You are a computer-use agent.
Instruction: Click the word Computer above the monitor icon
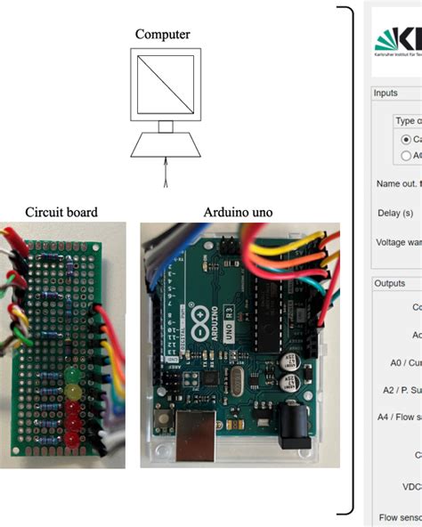(x=162, y=34)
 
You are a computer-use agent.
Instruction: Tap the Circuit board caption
(x=61, y=212)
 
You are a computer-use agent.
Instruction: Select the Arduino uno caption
(x=239, y=212)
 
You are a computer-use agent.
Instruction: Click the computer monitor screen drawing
(x=163, y=85)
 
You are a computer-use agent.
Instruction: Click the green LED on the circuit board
(x=72, y=366)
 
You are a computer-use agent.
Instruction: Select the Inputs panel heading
(x=385, y=93)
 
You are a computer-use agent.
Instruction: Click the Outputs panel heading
(x=389, y=283)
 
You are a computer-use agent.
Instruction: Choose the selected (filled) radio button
(x=407, y=139)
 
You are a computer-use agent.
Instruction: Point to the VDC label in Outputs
(x=410, y=486)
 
